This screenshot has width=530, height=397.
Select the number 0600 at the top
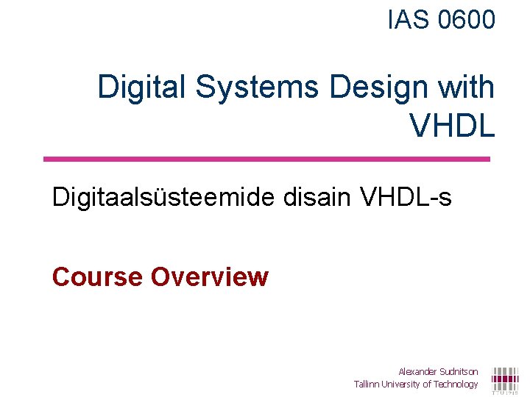click(x=466, y=20)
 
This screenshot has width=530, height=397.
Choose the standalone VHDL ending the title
click(x=452, y=125)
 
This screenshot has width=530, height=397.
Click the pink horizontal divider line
click(x=266, y=159)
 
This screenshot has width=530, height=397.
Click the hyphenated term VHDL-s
click(x=406, y=197)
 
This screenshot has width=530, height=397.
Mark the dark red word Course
click(x=97, y=277)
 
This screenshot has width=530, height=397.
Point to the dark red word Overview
click(x=210, y=277)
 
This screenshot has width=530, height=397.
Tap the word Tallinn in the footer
click(x=367, y=384)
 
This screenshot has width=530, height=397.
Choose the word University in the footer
click(x=403, y=384)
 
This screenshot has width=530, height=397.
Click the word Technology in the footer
click(x=456, y=384)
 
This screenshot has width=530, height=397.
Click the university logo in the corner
click(x=505, y=380)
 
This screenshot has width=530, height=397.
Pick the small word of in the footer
click(x=428, y=384)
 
